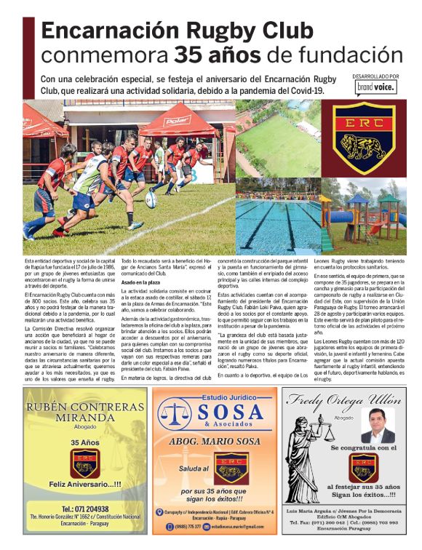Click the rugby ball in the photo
point(151,198)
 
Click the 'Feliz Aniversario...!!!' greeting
point(81,483)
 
